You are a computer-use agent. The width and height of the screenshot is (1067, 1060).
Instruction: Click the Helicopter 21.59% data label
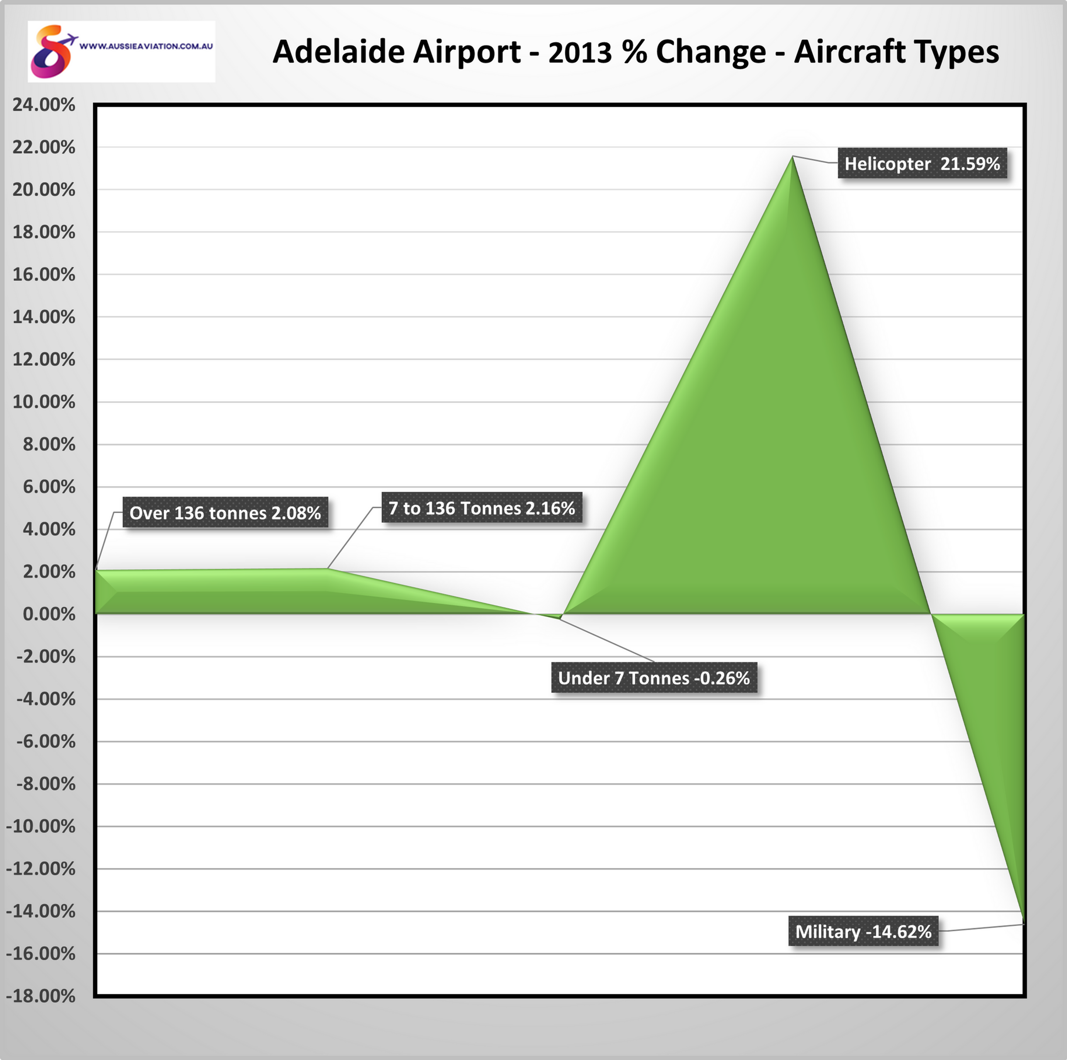click(922, 164)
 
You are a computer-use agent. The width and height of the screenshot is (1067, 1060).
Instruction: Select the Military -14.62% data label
click(863, 931)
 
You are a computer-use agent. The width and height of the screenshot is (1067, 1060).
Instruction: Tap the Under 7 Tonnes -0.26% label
click(654, 678)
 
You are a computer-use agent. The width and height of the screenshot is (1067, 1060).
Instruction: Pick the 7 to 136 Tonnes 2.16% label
click(482, 507)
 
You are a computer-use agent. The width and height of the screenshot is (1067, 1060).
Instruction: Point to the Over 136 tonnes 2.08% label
click(225, 513)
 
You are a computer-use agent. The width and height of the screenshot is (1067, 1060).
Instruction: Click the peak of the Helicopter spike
click(793, 157)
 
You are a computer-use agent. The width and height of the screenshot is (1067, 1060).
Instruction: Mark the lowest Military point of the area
click(1023, 923)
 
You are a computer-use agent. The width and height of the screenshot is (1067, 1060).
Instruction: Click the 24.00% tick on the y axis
click(44, 105)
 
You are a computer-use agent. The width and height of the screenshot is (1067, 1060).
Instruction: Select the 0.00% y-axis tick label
click(49, 614)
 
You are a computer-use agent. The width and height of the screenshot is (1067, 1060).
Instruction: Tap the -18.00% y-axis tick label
click(41, 996)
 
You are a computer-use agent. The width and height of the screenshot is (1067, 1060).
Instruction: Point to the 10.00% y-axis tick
click(44, 402)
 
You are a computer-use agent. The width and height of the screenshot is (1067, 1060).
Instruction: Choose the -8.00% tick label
click(46, 784)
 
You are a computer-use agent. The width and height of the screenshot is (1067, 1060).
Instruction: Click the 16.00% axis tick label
click(44, 275)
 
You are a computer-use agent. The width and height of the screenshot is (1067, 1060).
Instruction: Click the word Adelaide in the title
click(341, 52)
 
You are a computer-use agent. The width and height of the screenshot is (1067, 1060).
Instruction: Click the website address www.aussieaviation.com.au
click(147, 46)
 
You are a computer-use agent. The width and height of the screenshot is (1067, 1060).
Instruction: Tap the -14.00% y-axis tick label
click(41, 911)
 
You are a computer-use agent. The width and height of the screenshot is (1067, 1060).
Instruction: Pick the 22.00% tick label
click(44, 147)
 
